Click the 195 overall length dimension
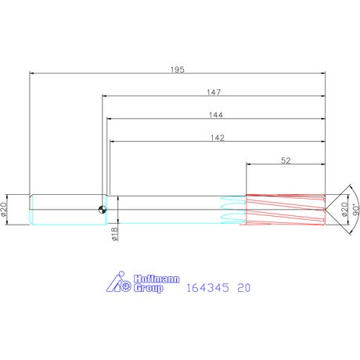tap(178, 70)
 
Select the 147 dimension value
tap(214, 92)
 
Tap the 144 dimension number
tap(216, 115)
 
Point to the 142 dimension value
tap(218, 138)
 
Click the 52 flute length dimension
tap(286, 160)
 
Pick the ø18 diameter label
tap(114, 234)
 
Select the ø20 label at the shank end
tap(3, 210)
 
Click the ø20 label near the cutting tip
tap(344, 210)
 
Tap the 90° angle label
tap(356, 210)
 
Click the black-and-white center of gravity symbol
tap(103, 210)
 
